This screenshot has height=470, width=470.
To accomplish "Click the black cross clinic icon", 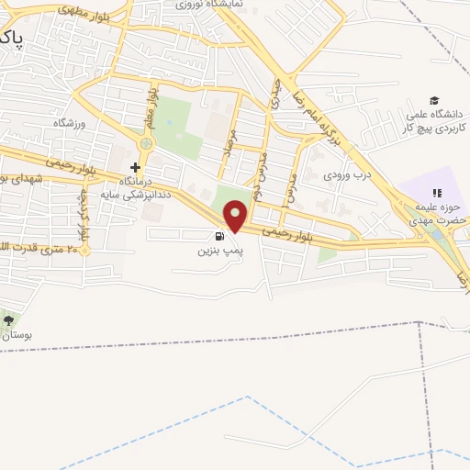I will pyautogui.click(x=136, y=167).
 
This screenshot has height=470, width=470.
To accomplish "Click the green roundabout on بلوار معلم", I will pyautogui.click(x=146, y=143).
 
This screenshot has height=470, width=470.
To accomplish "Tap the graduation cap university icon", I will pyautogui.click(x=434, y=101).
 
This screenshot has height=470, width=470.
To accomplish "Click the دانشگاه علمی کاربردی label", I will pyautogui.click(x=434, y=120).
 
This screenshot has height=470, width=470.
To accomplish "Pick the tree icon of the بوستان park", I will pyautogui.click(x=9, y=319).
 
